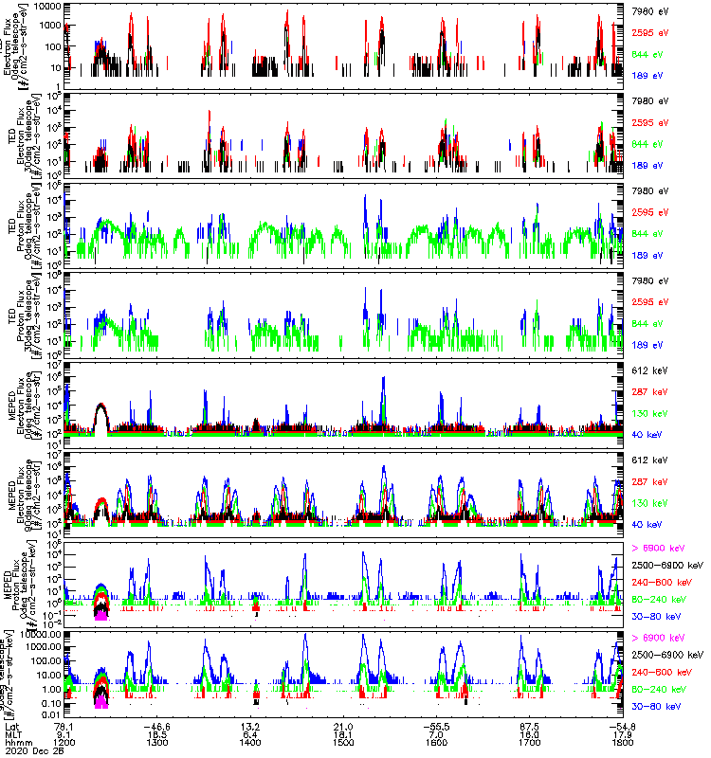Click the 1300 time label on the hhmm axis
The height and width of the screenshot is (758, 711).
pos(157,742)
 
